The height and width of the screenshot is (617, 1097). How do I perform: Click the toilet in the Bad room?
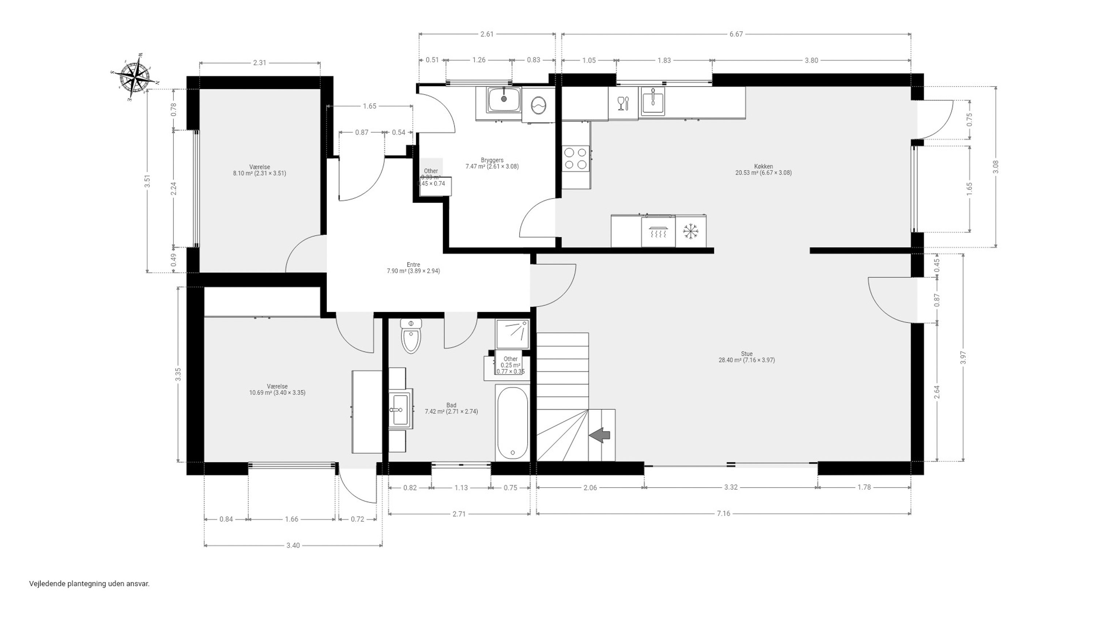[x=411, y=336]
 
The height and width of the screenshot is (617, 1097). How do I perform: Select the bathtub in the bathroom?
[x=512, y=423]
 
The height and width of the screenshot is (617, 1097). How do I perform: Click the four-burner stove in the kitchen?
[x=575, y=158]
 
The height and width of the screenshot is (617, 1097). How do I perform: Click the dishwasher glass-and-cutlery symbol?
[x=623, y=103]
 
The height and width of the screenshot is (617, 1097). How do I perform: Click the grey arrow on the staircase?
[x=600, y=435]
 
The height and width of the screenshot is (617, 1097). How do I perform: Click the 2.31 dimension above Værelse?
[x=259, y=63]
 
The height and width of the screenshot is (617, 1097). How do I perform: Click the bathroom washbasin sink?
[x=401, y=410]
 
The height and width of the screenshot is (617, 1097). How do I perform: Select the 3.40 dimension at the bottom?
[x=293, y=545]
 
